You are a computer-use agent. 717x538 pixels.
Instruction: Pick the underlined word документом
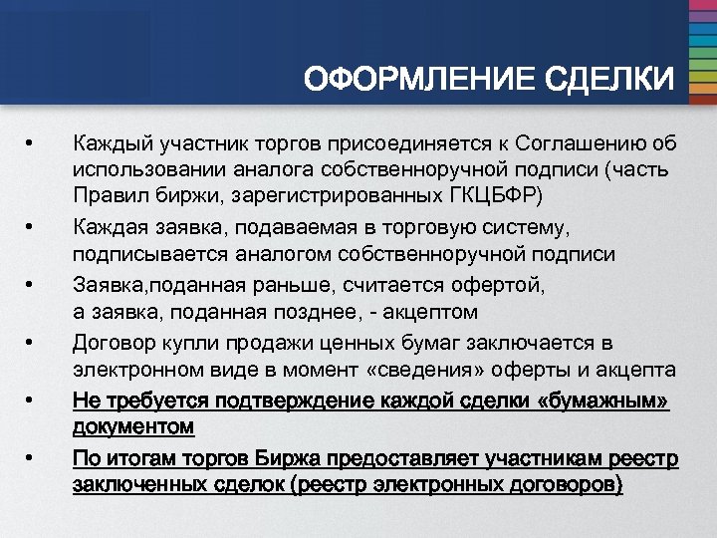(x=133, y=426)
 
